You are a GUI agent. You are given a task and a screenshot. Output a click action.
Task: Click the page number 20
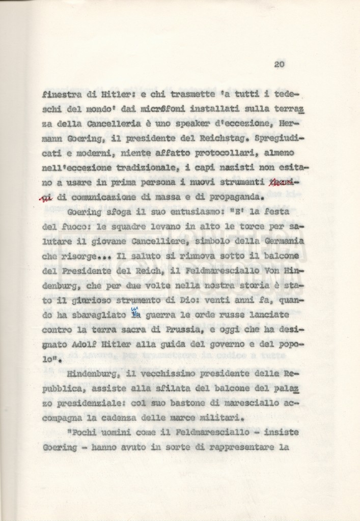click(x=279, y=64)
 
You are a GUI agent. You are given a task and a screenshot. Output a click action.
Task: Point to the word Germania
click(x=280, y=240)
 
